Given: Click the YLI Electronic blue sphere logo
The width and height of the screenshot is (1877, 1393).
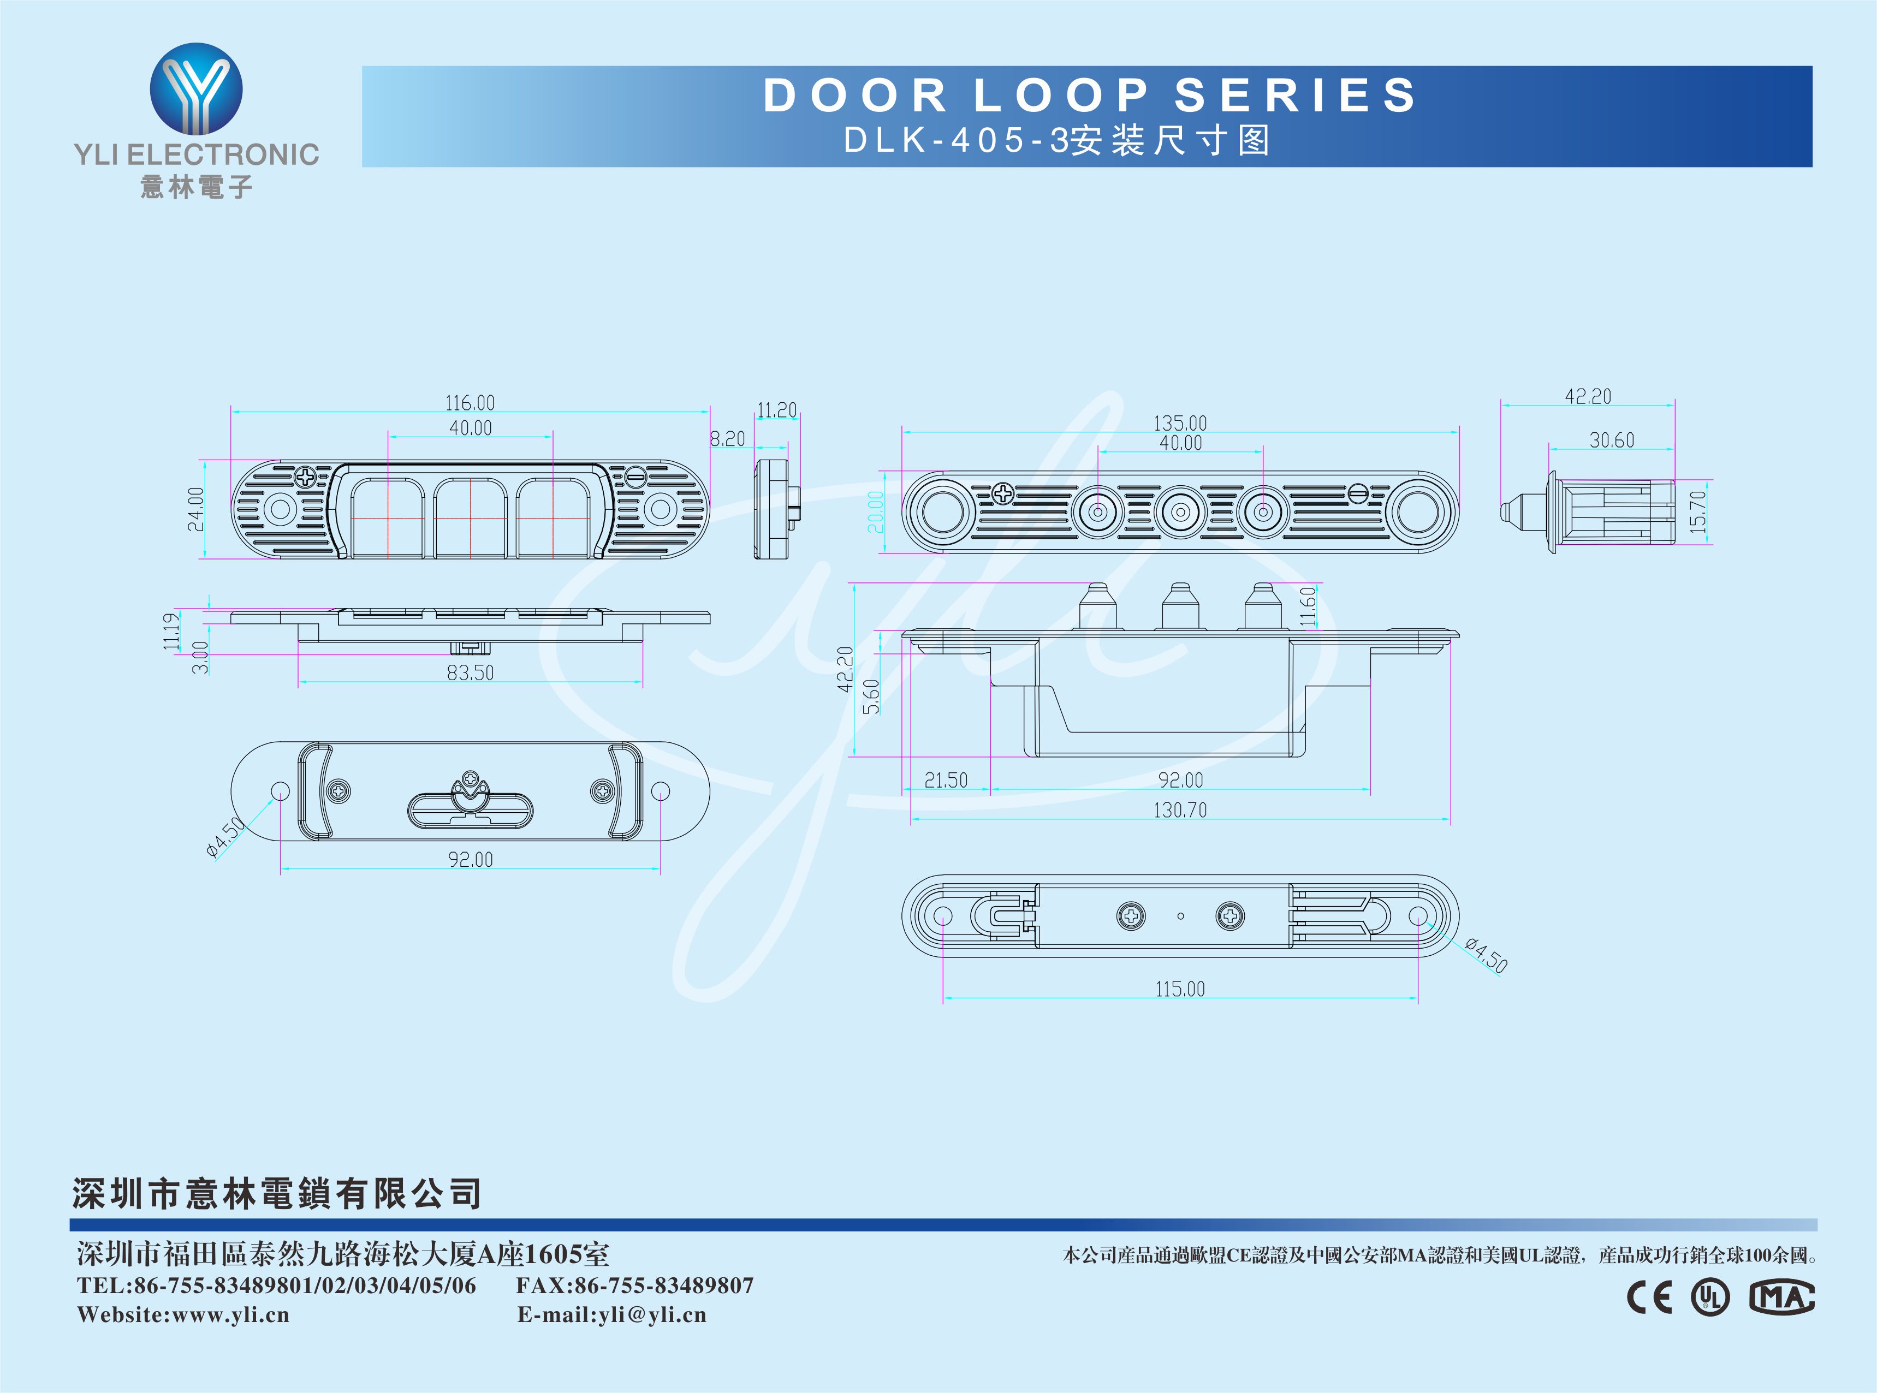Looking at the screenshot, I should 197,90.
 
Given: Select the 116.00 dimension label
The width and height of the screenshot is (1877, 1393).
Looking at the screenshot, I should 470,402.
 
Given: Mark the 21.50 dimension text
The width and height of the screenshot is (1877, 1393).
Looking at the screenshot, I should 946,780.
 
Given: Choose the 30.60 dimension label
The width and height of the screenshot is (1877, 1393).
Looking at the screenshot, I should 1611,439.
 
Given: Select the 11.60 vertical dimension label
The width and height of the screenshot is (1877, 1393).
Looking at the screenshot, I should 1308,606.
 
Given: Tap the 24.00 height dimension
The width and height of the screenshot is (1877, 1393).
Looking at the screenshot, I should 195,509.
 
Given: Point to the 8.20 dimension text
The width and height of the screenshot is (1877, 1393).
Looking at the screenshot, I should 727,438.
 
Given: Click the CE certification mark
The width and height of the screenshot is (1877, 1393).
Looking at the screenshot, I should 1649,1297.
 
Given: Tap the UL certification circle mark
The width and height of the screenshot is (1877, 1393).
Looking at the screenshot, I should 1710,1297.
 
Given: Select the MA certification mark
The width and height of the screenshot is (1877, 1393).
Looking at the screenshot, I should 1781,1297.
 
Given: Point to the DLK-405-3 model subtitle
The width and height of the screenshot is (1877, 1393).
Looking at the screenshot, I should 1056,140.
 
